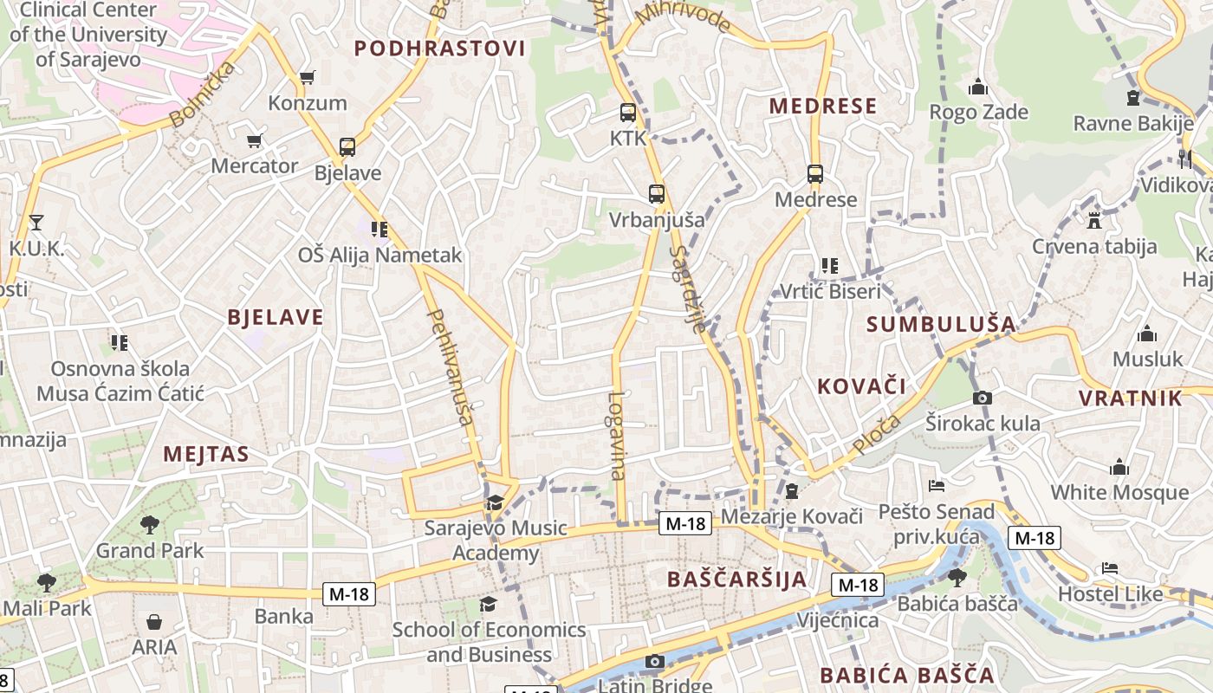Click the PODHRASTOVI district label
[x=440, y=49]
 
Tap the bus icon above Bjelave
[x=347, y=146]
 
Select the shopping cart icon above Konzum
[x=307, y=77]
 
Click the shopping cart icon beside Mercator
[x=255, y=140]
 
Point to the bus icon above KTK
[x=628, y=112]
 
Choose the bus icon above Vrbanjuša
[x=657, y=193]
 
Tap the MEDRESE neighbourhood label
[x=823, y=106]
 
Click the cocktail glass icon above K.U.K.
[x=36, y=223]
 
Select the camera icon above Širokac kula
[x=982, y=398]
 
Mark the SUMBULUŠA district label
[x=941, y=324]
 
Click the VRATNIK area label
[x=1130, y=398]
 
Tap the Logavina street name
[x=617, y=436]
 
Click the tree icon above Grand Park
[x=150, y=524]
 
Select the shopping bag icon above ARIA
[x=154, y=622]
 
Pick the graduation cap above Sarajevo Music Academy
[x=495, y=502]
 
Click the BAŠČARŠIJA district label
[x=737, y=580]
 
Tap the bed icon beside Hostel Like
[x=1110, y=568]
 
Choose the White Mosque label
[x=1119, y=492]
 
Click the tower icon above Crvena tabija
[x=1094, y=220]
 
